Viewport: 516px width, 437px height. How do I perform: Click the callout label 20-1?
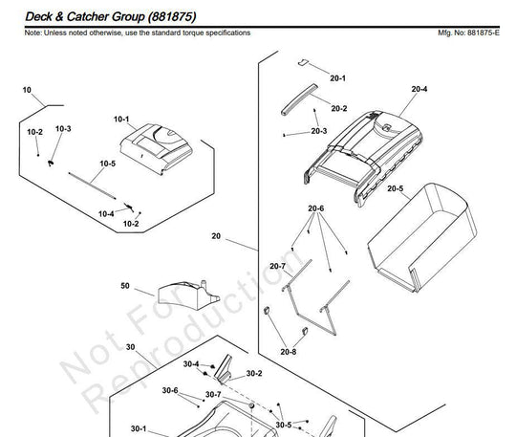pos(337,78)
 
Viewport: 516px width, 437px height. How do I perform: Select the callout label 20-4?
pos(419,89)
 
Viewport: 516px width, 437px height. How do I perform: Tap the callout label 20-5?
pos(395,188)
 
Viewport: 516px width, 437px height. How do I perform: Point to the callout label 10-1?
pos(121,120)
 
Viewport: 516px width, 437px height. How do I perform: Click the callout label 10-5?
pos(108,164)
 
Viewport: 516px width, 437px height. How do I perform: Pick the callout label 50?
pos(125,286)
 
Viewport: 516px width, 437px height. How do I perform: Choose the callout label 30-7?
pos(213,395)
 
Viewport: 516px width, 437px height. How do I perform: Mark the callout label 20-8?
pos(289,352)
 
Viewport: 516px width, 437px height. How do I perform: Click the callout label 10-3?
pos(63,129)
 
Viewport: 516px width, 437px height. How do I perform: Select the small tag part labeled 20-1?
pos(303,62)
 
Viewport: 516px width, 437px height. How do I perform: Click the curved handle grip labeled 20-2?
pos(299,99)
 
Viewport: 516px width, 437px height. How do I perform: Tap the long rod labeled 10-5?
pos(92,186)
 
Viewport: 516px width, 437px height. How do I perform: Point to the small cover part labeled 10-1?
pos(157,148)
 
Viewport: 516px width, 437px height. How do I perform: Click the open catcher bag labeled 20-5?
pos(422,237)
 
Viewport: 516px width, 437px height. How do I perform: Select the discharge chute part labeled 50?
pos(188,295)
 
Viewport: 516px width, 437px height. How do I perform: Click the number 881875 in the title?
pos(172,17)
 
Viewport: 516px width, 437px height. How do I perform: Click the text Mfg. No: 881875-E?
pos(468,33)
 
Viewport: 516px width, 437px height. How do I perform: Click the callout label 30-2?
pos(254,374)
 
